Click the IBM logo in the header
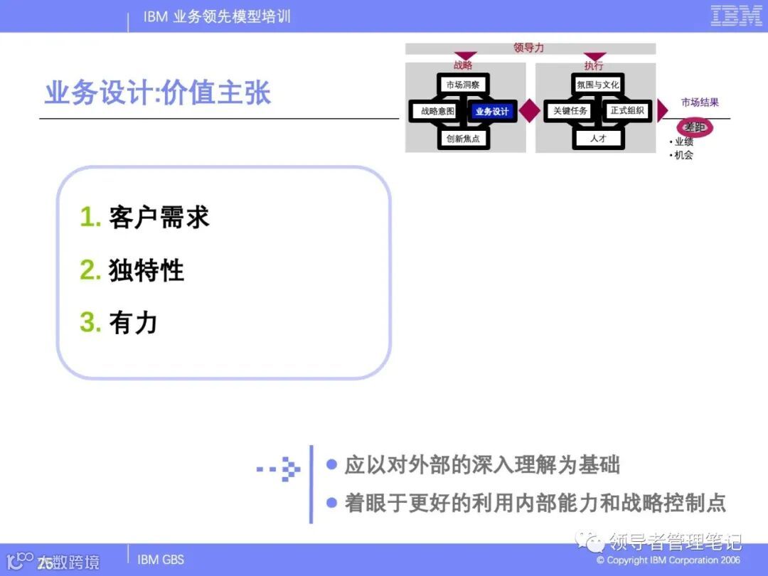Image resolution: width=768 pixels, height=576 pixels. [x=736, y=16]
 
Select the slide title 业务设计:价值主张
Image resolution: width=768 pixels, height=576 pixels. [x=158, y=94]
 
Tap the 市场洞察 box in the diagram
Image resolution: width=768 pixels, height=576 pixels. [x=463, y=85]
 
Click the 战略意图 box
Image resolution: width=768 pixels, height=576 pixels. [x=437, y=111]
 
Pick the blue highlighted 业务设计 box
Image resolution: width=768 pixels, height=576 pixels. [x=491, y=112]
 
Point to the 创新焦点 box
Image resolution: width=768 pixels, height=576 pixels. [x=463, y=139]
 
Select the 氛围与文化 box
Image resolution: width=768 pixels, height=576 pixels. [x=598, y=85]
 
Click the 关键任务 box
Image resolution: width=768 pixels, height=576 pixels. [x=570, y=111]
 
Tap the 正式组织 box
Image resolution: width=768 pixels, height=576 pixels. [x=626, y=111]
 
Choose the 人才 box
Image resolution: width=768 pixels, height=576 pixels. [x=598, y=139]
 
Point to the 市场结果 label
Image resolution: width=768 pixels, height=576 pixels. [x=700, y=102]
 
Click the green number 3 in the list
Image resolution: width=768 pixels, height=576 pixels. [x=90, y=323]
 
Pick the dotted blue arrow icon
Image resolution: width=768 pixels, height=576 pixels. [x=280, y=469]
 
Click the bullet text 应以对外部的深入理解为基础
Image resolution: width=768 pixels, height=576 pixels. [x=482, y=465]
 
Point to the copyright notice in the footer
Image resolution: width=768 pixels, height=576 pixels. [x=668, y=560]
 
